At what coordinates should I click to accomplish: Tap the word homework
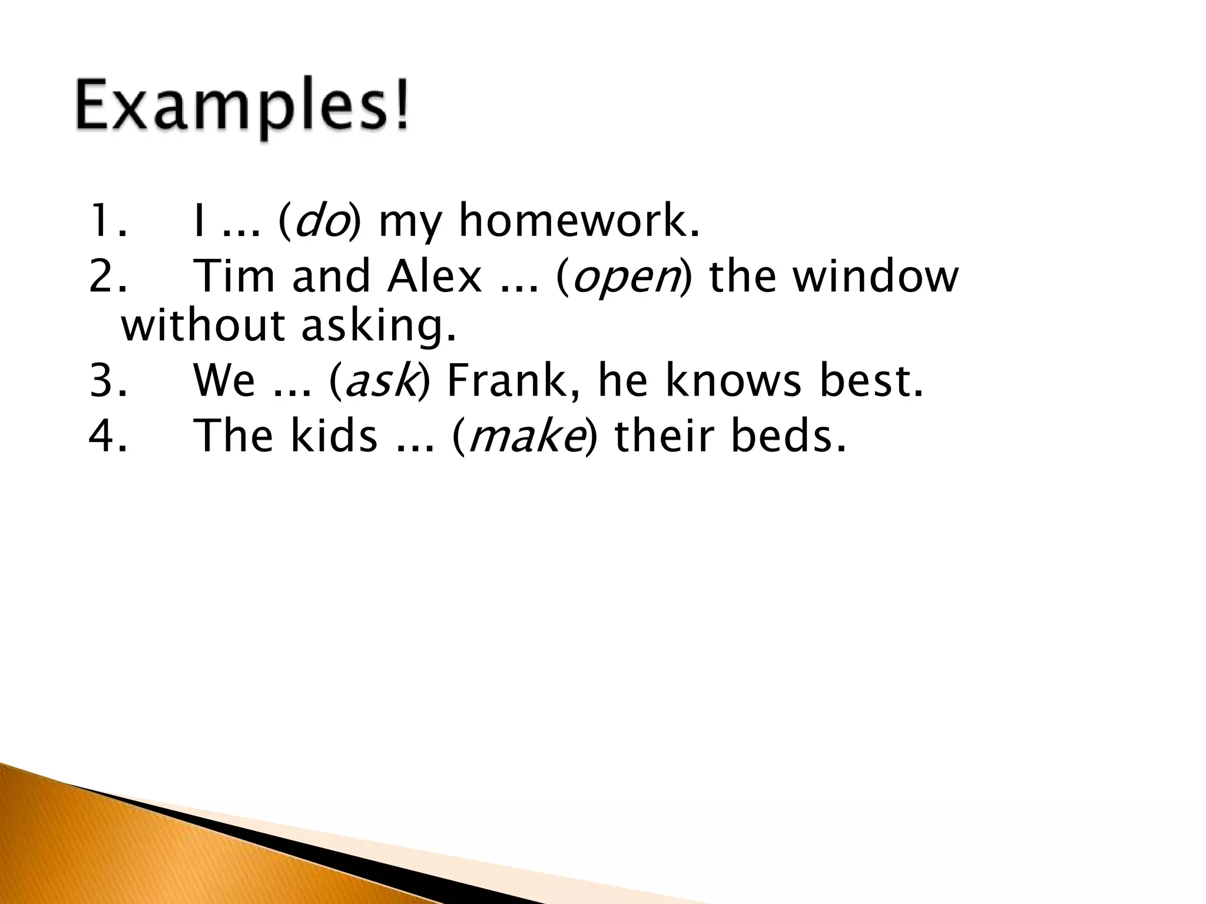click(x=580, y=221)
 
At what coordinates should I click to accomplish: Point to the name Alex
click(x=434, y=277)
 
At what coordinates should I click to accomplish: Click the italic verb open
click(x=626, y=277)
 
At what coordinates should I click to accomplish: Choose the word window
click(x=876, y=277)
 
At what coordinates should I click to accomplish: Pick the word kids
click(x=333, y=436)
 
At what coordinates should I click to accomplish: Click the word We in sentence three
click(x=224, y=381)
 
